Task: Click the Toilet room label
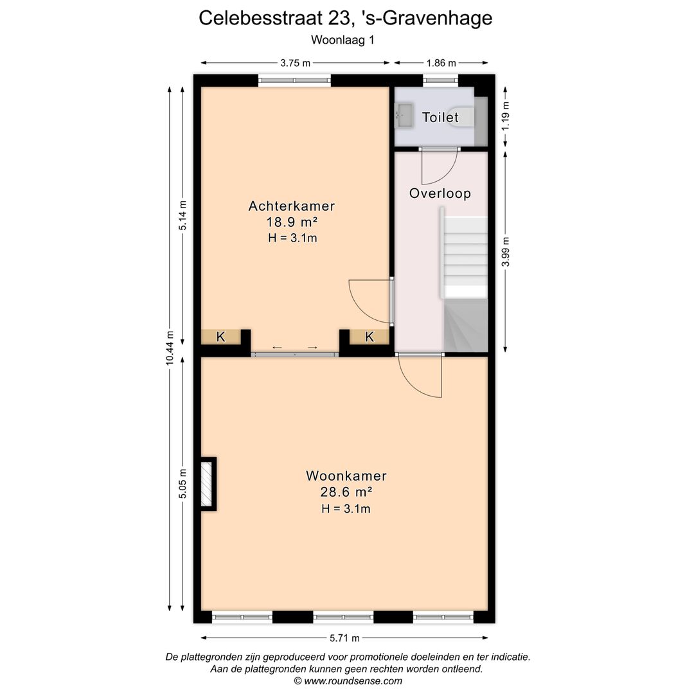[440, 117]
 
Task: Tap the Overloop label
[440, 193]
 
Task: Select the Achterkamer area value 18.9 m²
[292, 222]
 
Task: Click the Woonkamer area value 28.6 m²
[346, 492]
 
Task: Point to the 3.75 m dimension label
[295, 63]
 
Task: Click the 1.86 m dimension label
[441, 63]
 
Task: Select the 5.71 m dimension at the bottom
[344, 638]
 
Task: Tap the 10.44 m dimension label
[170, 348]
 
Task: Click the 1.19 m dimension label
[506, 116]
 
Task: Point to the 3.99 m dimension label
[506, 251]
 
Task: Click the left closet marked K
[220, 337]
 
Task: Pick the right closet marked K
[370, 337]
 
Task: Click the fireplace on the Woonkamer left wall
[207, 483]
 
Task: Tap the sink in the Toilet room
[404, 117]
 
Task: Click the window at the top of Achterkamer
[294, 81]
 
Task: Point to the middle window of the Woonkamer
[343, 617]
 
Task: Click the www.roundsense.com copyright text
[348, 681]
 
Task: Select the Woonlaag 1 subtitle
[343, 39]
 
